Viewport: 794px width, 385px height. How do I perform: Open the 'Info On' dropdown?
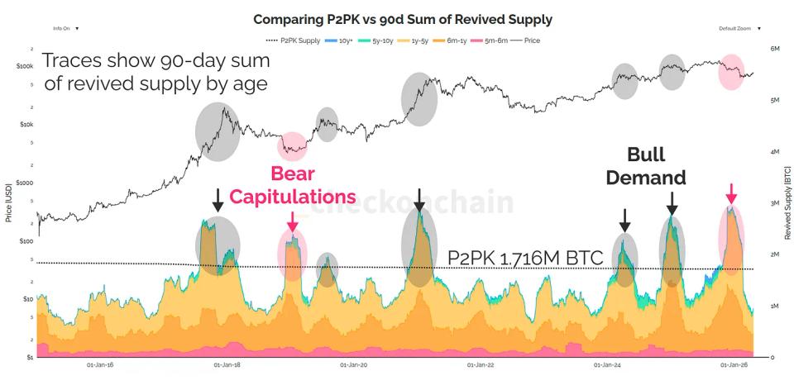pyautogui.click(x=65, y=28)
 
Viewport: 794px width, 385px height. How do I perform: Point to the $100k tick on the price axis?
pyautogui.click(x=26, y=66)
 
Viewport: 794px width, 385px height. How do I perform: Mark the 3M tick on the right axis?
pyautogui.click(x=775, y=203)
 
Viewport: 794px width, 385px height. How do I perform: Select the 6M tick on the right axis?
pyautogui.click(x=775, y=49)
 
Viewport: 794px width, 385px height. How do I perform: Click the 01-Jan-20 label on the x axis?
pyautogui.click(x=353, y=364)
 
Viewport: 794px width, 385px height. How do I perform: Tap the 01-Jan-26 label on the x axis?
pyautogui.click(x=736, y=364)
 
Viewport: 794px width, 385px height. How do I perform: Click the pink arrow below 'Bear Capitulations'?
pyautogui.click(x=292, y=221)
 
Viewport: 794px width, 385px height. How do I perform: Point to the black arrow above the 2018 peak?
pyautogui.click(x=218, y=199)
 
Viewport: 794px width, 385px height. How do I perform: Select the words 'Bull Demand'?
pyautogui.click(x=657, y=166)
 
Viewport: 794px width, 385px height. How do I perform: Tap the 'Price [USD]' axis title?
pyautogui.click(x=7, y=203)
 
